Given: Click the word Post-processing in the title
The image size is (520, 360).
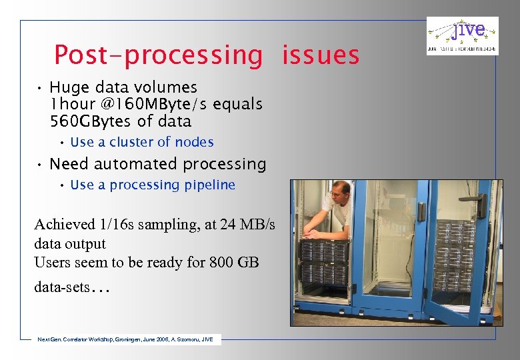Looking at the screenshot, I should pyautogui.click(x=158, y=55).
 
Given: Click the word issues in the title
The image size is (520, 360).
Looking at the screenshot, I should pyautogui.click(x=321, y=55).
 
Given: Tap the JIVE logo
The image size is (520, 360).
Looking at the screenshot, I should pyautogui.click(x=463, y=35).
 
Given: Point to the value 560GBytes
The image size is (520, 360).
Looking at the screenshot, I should pyautogui.click(x=93, y=121).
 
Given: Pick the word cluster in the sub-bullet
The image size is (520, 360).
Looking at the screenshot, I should pyautogui.click(x=131, y=142).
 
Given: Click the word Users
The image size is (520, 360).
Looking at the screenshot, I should pyautogui.click(x=51, y=263).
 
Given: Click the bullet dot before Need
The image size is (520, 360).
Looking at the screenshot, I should pyautogui.click(x=40, y=165).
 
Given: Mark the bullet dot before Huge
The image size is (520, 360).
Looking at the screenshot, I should pyautogui.click(x=40, y=88).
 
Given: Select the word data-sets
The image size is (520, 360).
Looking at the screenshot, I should pyautogui.click(x=61, y=287).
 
